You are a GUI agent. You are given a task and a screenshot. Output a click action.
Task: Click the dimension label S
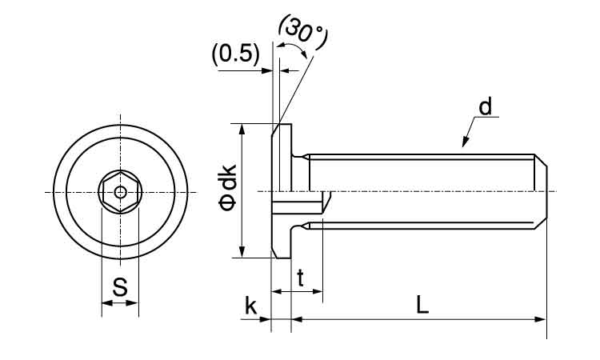[120, 287]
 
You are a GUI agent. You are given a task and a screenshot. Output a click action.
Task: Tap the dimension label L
[423, 304]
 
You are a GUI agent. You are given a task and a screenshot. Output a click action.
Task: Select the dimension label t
[301, 278]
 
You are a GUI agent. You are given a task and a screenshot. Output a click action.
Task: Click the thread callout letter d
[486, 106]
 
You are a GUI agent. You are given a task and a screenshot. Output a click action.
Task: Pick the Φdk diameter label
[228, 188]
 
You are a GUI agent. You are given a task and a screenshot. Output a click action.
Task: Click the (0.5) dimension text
[235, 54]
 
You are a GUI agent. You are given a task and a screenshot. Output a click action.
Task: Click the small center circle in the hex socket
[120, 192]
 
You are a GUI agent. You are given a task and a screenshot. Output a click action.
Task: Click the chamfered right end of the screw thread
[542, 190]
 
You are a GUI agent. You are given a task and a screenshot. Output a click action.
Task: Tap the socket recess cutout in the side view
[300, 205]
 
